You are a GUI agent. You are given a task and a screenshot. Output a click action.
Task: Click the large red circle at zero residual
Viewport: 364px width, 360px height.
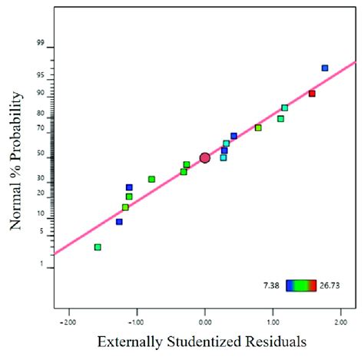(x=205, y=157)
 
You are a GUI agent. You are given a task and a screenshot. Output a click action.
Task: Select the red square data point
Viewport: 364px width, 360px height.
(x=312, y=94)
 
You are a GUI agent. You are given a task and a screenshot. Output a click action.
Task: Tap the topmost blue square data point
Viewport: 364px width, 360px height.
(x=325, y=68)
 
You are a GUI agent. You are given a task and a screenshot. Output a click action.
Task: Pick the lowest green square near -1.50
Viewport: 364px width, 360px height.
(x=98, y=247)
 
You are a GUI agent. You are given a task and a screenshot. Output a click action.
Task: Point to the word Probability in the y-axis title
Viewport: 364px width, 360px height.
(x=17, y=123)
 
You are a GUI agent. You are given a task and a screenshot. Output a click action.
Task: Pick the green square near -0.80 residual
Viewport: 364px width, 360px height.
(x=151, y=179)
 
